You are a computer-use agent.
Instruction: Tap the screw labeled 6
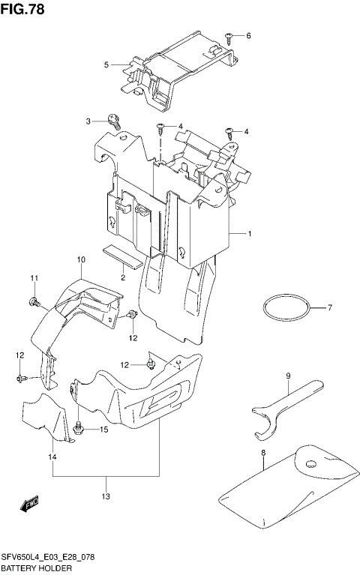coord(228,36)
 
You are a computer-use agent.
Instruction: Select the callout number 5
coord(107,65)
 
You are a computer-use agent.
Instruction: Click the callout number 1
coord(250,235)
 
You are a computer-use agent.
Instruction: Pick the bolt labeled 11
coord(34,301)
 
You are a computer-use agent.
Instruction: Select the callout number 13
coord(106,496)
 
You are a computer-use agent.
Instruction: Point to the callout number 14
coord(52,457)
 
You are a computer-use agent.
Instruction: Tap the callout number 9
coord(287,376)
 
